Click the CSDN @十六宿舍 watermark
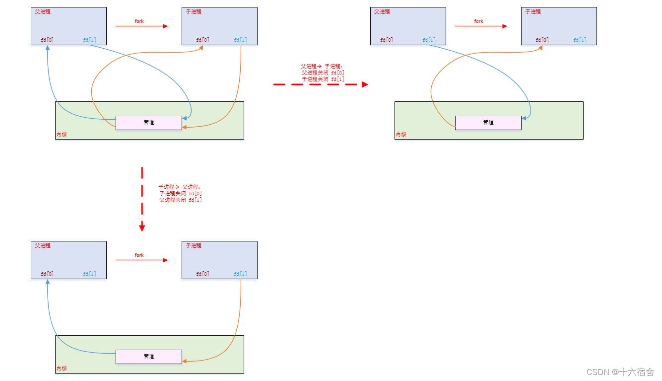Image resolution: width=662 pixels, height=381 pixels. pos(620,372)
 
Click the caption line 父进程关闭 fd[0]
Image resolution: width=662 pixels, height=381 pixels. pos(323,73)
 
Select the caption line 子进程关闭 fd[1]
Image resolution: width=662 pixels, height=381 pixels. pos(323,79)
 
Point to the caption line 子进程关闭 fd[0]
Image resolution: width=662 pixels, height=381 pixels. pos(180,193)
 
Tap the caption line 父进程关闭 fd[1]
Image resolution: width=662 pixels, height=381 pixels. pos(180,200)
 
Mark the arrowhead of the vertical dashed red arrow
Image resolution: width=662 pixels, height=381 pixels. pos(142,228)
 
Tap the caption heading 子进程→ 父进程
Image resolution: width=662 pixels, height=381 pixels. pos(179,187)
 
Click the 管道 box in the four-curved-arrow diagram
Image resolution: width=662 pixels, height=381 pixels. pos(149,123)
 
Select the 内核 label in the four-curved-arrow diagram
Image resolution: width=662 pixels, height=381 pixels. pos(61,134)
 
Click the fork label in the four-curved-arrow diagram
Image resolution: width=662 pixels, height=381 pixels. pos(139,21)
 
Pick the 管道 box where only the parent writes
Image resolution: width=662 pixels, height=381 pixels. pos(488,123)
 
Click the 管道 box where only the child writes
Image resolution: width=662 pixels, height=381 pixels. pos(149,357)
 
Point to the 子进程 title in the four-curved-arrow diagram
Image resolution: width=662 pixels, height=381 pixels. pos(194,11)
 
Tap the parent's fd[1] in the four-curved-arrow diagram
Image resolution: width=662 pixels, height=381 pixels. pos(89,40)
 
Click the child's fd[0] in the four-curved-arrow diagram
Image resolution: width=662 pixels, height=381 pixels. pos(202,40)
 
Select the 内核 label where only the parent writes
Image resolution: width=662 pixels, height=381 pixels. pos(400,134)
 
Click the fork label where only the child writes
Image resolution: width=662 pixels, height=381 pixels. pos(139,255)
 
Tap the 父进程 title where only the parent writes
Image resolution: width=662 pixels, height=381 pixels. pos(382,11)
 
